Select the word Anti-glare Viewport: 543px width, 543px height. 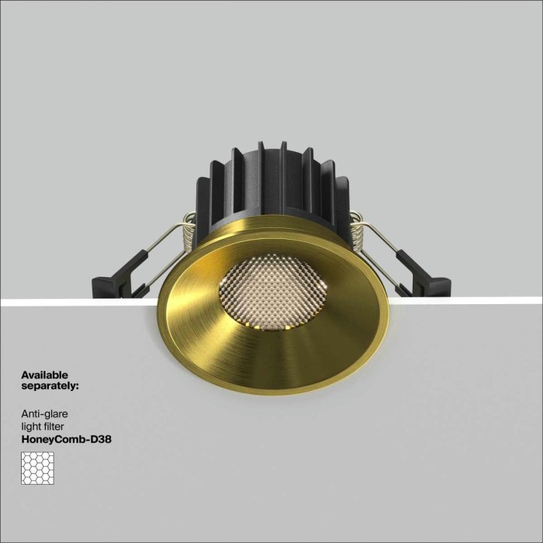tap(45, 415)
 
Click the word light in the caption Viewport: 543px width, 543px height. tap(31, 427)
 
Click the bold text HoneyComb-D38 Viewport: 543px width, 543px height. tap(67, 438)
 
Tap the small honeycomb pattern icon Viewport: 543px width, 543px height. tap(37, 468)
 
